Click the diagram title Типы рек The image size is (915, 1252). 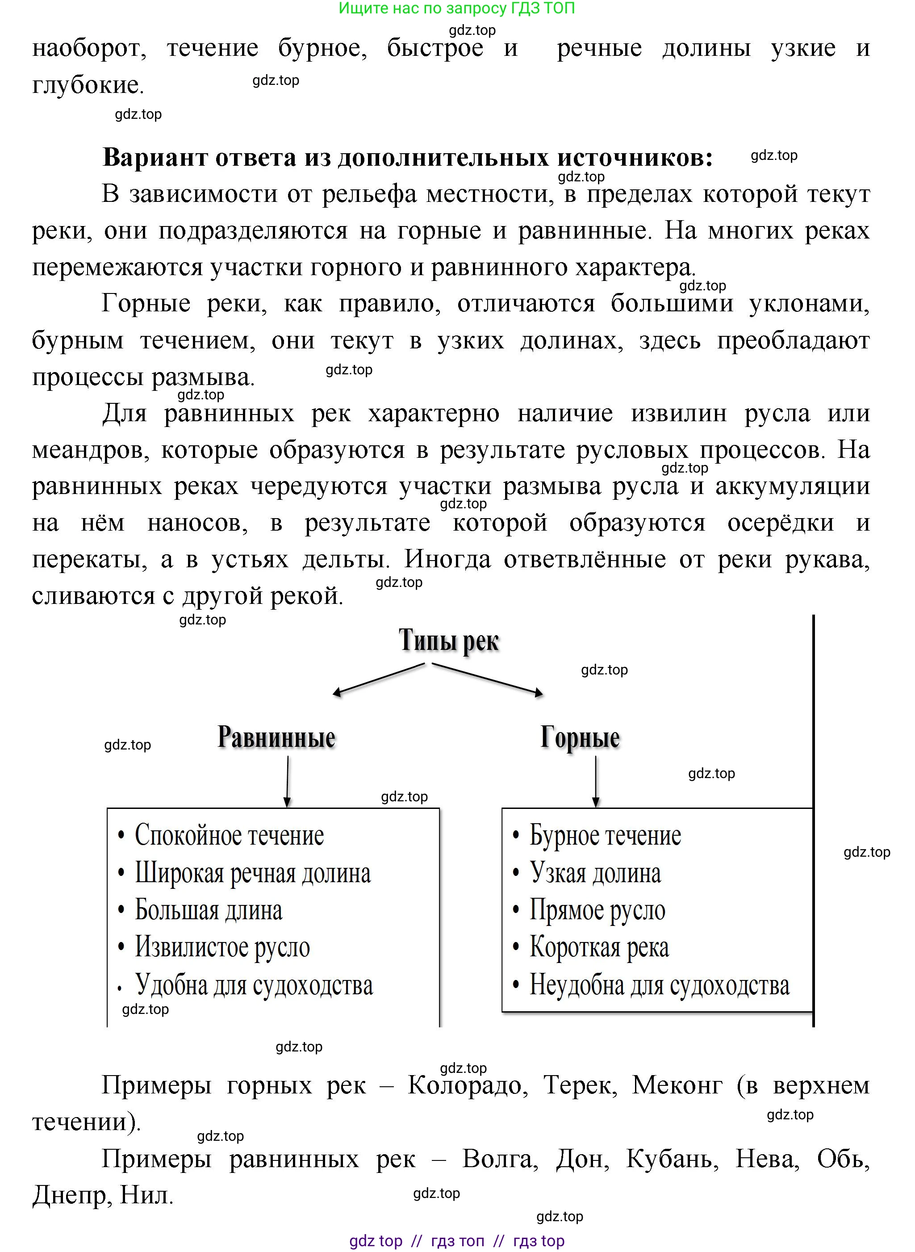[449, 641]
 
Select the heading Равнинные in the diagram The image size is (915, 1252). [276, 737]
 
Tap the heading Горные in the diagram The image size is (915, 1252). [580, 737]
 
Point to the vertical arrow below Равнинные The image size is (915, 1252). [287, 782]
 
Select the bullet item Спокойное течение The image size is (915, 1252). [229, 835]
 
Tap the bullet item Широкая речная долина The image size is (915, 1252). [253, 874]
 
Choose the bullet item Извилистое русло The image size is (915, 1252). [222, 947]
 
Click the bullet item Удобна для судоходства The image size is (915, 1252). [254, 985]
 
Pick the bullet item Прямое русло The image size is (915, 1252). [597, 910]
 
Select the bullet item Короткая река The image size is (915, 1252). [599, 947]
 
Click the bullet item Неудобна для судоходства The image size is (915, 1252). [659, 985]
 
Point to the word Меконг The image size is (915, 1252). [677, 1085]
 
